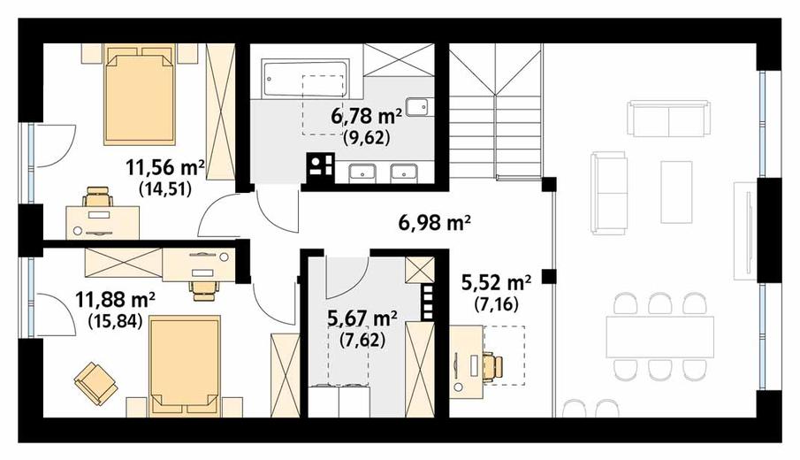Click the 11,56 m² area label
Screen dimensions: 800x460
[165, 167]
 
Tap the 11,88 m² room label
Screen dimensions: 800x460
[115, 300]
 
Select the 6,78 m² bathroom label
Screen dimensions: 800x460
[366, 116]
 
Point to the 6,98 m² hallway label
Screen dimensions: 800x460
[434, 223]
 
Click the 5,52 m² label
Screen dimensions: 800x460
[497, 282]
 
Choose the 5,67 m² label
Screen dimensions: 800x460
[362, 318]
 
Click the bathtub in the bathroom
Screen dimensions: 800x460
[305, 79]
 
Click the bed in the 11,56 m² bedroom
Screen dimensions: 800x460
[141, 95]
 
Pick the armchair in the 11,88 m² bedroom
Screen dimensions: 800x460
[95, 383]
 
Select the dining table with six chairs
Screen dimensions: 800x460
[659, 337]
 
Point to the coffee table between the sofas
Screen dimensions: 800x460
[676, 192]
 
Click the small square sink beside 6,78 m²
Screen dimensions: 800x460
[418, 106]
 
